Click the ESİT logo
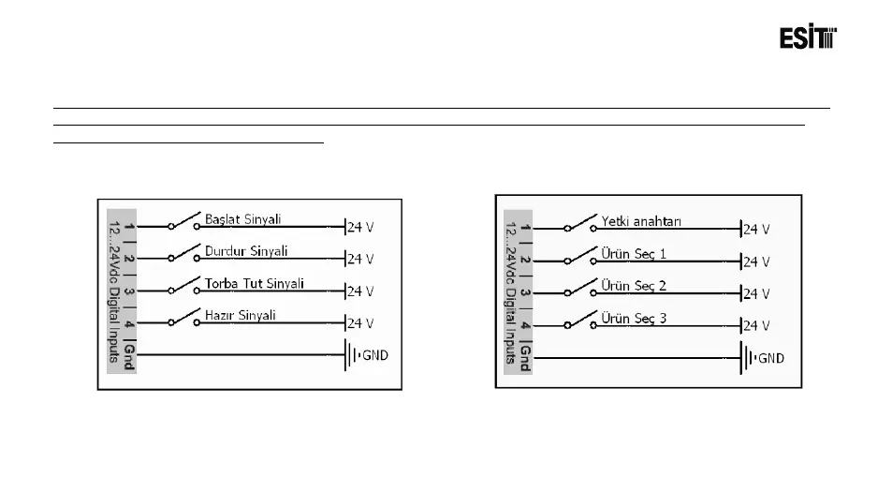point(808,38)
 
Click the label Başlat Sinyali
point(243,219)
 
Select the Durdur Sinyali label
point(246,251)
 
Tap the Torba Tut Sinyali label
point(254,283)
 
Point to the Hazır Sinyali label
point(240,315)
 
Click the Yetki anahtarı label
point(641,221)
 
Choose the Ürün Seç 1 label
point(634,254)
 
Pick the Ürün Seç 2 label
point(634,286)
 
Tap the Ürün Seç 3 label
point(634,319)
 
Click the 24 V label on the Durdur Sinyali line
point(360,259)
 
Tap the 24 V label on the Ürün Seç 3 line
point(755,326)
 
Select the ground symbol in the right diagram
point(746,358)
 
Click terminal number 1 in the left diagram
point(129,228)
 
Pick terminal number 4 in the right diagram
point(525,325)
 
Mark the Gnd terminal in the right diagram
point(525,357)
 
